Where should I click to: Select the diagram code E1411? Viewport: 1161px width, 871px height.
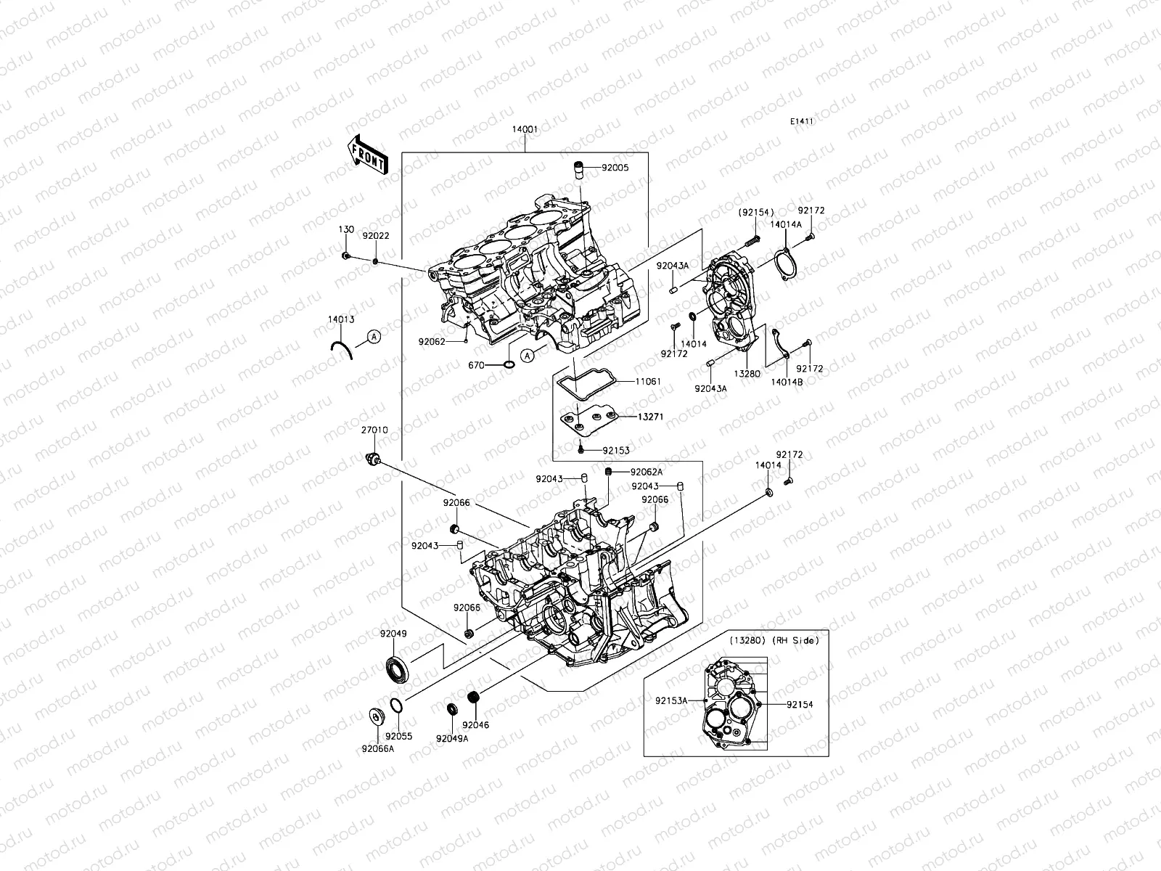click(x=801, y=121)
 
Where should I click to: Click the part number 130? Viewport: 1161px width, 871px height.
click(x=347, y=229)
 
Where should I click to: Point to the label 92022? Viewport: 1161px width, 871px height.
click(x=376, y=237)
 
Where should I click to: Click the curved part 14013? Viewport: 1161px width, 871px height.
click(x=342, y=348)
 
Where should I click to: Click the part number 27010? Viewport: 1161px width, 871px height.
click(x=375, y=430)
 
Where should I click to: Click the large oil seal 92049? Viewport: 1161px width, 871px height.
click(x=396, y=668)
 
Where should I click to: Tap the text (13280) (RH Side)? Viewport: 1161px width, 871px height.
click(x=774, y=640)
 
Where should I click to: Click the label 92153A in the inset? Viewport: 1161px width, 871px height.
click(x=671, y=701)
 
